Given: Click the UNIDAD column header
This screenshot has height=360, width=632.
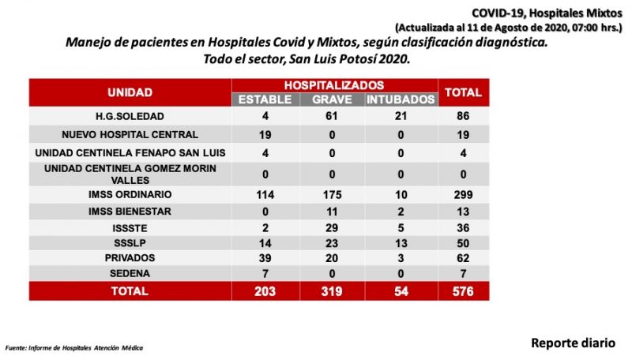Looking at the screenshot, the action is (x=130, y=92).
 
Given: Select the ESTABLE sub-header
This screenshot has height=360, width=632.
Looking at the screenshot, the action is (x=265, y=99).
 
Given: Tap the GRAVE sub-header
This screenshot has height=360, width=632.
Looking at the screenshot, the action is (x=332, y=99).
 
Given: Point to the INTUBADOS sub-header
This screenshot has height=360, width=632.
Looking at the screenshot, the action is (x=401, y=99).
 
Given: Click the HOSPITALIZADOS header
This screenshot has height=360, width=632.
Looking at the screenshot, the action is (x=334, y=85).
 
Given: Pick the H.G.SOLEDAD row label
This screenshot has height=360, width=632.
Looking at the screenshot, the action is (x=130, y=116).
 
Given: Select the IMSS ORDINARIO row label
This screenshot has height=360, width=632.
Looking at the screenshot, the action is (x=130, y=194).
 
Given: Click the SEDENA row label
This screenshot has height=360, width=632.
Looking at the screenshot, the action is (x=130, y=273).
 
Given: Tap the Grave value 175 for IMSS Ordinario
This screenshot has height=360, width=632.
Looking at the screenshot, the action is (x=332, y=195).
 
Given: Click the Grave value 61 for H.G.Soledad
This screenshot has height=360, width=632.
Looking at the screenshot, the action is (x=332, y=116).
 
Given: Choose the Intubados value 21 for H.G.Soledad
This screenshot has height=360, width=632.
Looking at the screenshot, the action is (x=401, y=116).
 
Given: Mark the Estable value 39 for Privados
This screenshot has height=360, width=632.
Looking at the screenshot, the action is (x=265, y=258).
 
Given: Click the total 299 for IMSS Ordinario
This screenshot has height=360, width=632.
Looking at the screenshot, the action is (x=463, y=195).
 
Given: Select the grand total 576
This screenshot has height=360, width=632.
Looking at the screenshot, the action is (x=463, y=291).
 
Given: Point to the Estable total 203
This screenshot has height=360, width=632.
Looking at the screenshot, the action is (x=265, y=291).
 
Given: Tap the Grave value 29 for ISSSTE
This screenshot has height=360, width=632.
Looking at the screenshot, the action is (x=332, y=228).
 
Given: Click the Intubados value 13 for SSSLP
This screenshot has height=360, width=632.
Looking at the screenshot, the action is (x=401, y=243).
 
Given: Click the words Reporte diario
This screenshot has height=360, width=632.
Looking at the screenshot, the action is (x=573, y=343).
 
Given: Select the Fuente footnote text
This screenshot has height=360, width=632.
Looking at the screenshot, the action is (x=74, y=348).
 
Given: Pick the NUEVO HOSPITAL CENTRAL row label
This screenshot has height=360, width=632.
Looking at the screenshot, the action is (x=130, y=135).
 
